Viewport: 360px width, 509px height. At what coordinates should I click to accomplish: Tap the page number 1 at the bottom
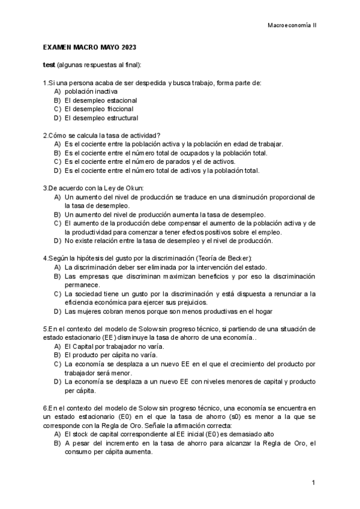click(x=313, y=483)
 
